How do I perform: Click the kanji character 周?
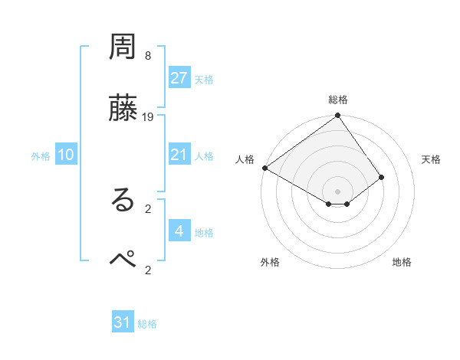(123, 49)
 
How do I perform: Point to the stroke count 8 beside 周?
(148, 56)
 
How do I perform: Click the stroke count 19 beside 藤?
(148, 117)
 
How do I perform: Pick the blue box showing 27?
(179, 78)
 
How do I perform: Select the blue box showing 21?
(179, 155)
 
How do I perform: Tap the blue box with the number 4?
(179, 231)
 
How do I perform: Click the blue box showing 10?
(66, 155)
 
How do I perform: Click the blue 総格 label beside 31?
(147, 324)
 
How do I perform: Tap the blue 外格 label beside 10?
(41, 156)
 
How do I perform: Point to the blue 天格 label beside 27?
(204, 80)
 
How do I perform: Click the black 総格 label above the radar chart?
(338, 100)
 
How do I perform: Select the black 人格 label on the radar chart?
(245, 159)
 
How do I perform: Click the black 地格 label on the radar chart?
(402, 262)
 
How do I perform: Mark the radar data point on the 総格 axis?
(338, 116)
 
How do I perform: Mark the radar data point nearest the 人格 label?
(264, 168)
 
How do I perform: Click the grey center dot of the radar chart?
(338, 191)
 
